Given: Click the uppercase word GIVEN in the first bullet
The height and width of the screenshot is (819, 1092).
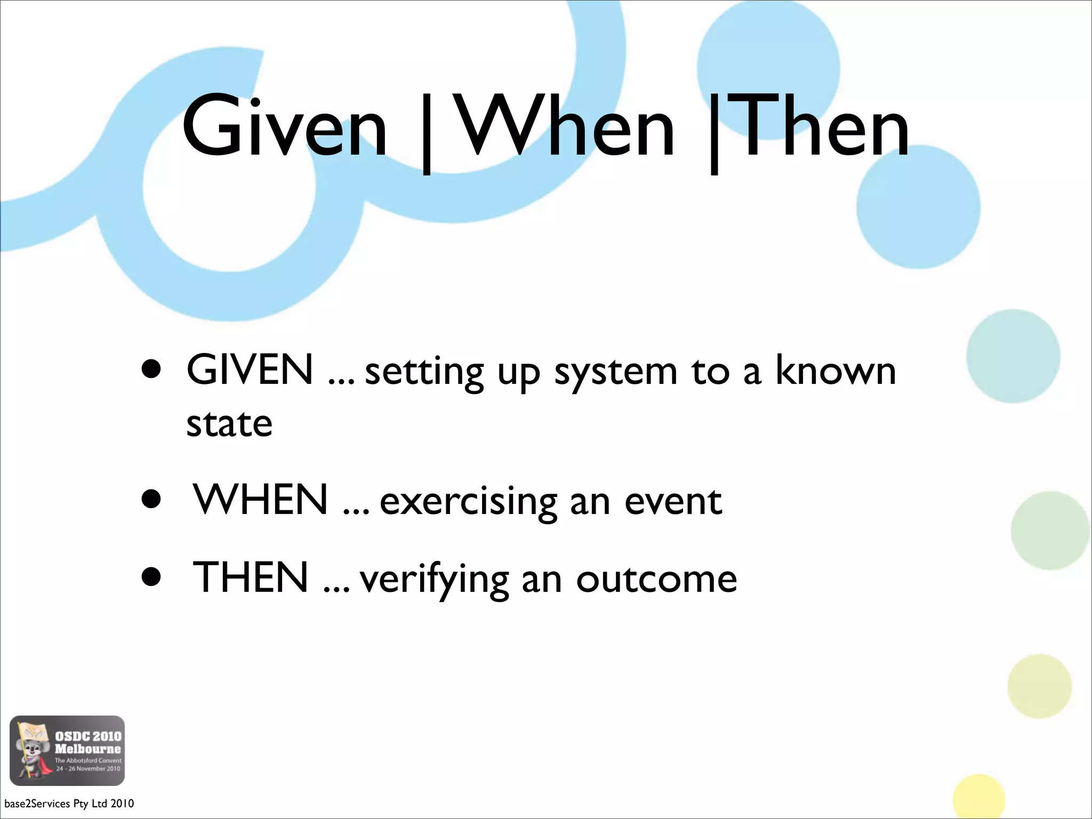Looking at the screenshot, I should [x=250, y=370].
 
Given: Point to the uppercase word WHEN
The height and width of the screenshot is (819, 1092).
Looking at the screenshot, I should [x=260, y=500].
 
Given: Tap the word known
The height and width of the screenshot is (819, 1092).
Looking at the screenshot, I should [x=835, y=370].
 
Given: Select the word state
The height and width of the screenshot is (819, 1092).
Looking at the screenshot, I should [x=229, y=424].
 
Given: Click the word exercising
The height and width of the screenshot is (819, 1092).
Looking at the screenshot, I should [x=468, y=502].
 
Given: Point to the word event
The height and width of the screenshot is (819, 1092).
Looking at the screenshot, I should [x=673, y=501].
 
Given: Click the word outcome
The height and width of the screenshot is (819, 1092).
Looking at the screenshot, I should [x=656, y=579].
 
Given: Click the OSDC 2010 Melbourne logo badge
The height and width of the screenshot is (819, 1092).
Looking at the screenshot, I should [x=67, y=750].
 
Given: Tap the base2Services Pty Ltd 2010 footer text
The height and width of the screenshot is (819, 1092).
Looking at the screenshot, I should [x=69, y=804].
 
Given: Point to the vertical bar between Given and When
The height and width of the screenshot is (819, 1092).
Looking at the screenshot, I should [x=426, y=133].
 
